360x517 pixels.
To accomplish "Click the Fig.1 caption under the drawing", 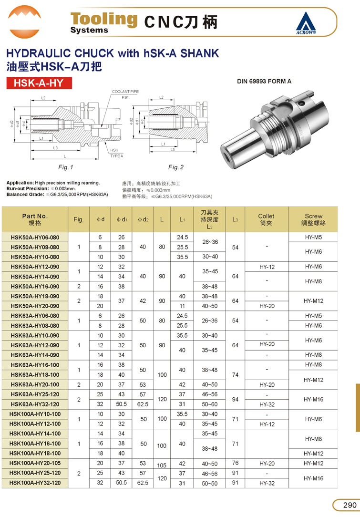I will (65, 167).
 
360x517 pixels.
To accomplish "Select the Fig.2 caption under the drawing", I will (176, 167).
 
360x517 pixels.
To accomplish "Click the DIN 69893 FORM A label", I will (264, 82).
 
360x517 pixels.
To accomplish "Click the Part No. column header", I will (35, 219).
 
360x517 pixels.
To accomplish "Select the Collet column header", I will (266, 219).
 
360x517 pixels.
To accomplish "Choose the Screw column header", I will (313, 219).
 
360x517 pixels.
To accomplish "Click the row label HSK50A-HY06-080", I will (35, 237).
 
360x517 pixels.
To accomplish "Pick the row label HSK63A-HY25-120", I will (35, 394).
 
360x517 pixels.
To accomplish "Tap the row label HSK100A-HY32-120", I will (35, 483).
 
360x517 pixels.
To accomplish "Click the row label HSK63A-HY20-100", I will (35, 384).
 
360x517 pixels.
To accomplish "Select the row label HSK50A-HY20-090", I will (35, 306).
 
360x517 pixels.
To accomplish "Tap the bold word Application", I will (20, 183).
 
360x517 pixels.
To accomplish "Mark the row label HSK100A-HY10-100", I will (35, 414).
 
